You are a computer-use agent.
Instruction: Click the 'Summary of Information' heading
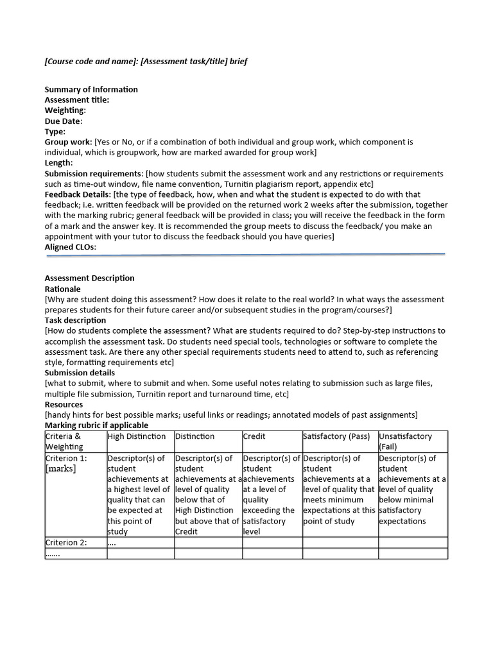coord(91,89)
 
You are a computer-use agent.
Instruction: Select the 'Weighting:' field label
coord(65,110)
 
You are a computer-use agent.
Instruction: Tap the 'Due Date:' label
coord(63,121)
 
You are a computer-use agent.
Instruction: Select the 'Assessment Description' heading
coord(89,278)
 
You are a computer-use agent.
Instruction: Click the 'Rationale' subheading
coord(62,289)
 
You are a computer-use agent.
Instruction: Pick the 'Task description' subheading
coord(75,320)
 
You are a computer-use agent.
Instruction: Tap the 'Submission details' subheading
coord(80,373)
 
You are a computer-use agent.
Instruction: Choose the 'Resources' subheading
coord(64,405)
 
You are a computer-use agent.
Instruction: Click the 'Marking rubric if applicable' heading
coord(96,425)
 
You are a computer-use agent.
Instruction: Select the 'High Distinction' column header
coord(137,436)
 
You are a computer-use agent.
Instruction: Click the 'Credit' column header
coord(254,436)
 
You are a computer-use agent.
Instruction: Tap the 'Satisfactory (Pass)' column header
coord(336,436)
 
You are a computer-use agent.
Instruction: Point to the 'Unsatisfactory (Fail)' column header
coord(406,441)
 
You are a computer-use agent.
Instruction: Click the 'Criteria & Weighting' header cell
coord(64,441)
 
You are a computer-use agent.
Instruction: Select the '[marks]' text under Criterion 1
coord(60,468)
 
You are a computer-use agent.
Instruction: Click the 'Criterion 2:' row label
coord(66,543)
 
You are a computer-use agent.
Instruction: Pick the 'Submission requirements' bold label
coord(94,174)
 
